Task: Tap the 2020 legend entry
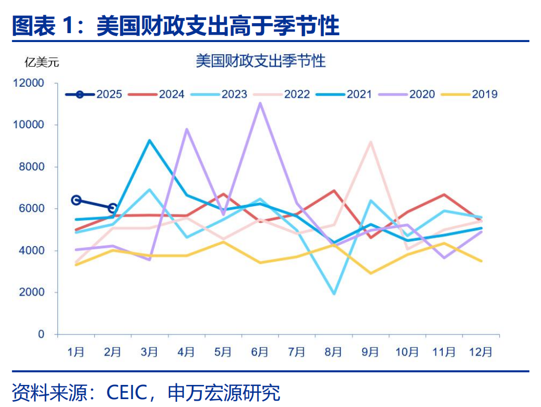click(407, 95)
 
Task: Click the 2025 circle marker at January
click(76, 200)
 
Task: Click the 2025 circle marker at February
click(113, 208)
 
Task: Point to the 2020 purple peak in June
click(260, 103)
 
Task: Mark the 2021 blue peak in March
click(149, 140)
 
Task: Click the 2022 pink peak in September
click(371, 142)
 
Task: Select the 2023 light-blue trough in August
click(334, 293)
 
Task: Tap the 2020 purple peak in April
click(187, 129)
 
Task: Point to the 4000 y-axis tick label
click(33, 251)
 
